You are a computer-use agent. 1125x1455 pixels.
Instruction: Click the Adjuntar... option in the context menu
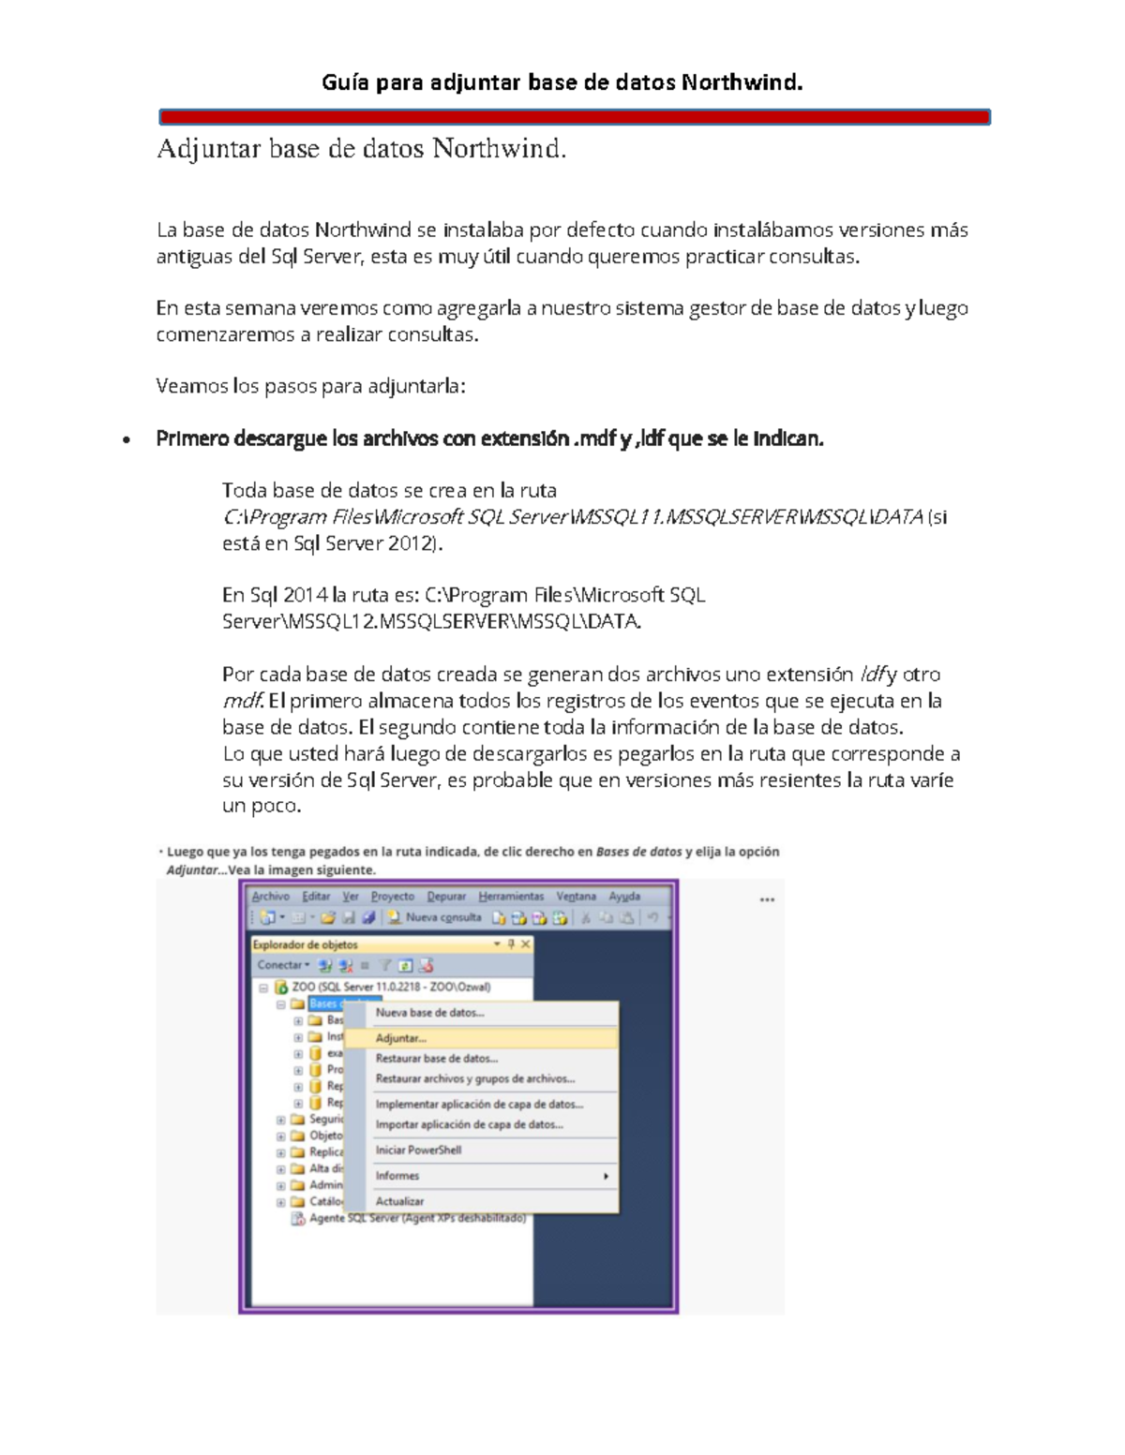pos(400,1038)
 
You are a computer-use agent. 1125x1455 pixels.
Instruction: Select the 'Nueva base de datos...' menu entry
pos(429,1013)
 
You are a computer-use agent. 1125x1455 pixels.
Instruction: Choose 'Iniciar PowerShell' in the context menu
pos(418,1150)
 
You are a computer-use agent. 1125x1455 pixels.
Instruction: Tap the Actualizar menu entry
pos(399,1201)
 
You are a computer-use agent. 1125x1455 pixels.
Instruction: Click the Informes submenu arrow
pos(606,1176)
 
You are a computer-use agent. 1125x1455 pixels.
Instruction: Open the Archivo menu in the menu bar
pos(270,897)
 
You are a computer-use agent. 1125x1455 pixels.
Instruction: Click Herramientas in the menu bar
pos(511,897)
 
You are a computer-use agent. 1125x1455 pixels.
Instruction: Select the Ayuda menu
pos(624,897)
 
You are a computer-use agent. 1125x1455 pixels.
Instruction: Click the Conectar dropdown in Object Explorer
pos(282,965)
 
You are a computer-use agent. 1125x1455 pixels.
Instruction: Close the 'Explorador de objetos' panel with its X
pos(526,944)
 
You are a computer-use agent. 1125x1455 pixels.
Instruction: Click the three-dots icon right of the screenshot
pos(767,899)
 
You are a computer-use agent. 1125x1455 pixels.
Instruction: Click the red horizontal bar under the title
pos(575,117)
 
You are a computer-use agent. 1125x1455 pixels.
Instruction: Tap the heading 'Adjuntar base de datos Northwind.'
pos(362,149)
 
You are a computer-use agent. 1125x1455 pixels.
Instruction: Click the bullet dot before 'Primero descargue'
pos(126,439)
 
